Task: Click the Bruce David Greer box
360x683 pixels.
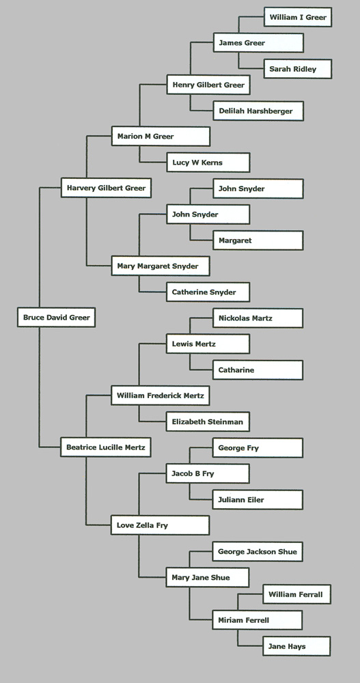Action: [56, 317]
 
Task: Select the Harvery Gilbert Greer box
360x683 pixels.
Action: [106, 189]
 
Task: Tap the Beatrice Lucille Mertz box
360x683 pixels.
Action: [106, 447]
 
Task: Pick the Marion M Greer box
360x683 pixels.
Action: [161, 137]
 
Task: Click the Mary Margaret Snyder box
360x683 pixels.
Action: [161, 266]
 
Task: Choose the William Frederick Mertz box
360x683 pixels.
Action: [161, 395]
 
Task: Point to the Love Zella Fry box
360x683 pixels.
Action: [160, 525]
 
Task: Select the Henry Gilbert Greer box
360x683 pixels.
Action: [208, 85]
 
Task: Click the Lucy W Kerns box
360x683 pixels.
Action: [208, 163]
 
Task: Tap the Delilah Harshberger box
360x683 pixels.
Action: [258, 111]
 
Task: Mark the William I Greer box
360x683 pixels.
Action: [298, 17]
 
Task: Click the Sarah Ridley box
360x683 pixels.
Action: [298, 69]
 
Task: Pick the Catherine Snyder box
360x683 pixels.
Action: [208, 292]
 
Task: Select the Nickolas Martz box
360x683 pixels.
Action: [258, 318]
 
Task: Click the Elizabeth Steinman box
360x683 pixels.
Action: [208, 421]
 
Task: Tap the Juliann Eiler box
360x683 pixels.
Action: [258, 500]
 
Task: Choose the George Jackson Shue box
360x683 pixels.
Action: [258, 551]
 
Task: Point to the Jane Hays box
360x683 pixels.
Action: [296, 646]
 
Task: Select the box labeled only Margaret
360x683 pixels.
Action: [258, 240]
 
